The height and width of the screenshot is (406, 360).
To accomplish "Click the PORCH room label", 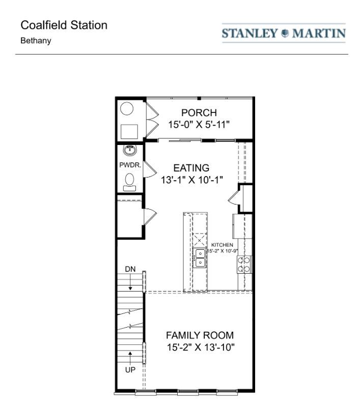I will click(199, 112).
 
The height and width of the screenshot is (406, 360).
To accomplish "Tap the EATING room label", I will click(191, 167).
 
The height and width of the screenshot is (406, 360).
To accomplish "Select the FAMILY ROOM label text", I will click(200, 335).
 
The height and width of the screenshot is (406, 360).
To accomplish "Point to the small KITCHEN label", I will click(222, 245).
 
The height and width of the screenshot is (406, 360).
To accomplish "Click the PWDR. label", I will click(130, 165).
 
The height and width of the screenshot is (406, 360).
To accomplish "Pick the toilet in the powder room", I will click(130, 181).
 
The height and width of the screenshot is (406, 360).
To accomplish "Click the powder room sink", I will click(130, 150).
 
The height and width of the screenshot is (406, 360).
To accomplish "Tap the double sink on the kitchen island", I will click(200, 258).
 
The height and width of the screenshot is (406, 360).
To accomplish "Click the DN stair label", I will click(130, 269).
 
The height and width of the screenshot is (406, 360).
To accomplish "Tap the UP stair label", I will click(130, 370).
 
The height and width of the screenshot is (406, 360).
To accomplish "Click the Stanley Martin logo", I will click(284, 34).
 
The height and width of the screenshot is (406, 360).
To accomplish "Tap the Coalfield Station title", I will click(64, 25).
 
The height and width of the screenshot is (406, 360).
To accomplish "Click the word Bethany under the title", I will click(36, 40).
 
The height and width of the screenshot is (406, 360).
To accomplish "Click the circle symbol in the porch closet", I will click(127, 109).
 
